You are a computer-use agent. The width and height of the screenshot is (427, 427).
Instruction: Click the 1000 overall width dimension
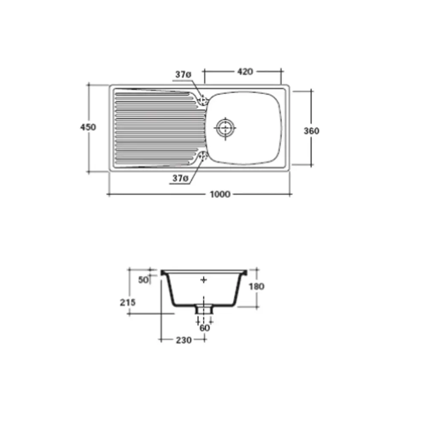tap(220, 194)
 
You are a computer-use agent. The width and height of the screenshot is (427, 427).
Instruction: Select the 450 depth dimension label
tap(88, 127)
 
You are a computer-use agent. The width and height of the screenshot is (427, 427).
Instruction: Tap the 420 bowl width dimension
tap(245, 72)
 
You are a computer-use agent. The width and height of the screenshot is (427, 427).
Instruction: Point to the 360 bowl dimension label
tap(311, 131)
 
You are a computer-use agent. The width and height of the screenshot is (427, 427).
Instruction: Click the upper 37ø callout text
tap(183, 74)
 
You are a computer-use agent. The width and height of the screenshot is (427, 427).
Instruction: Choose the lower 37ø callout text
tap(180, 178)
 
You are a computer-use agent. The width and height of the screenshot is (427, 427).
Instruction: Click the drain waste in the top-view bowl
tap(225, 128)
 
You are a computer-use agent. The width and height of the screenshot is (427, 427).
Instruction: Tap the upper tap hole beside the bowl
tap(203, 100)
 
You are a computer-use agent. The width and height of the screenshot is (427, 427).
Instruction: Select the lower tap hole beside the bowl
tap(203, 156)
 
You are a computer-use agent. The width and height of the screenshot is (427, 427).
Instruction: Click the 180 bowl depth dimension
tap(257, 287)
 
